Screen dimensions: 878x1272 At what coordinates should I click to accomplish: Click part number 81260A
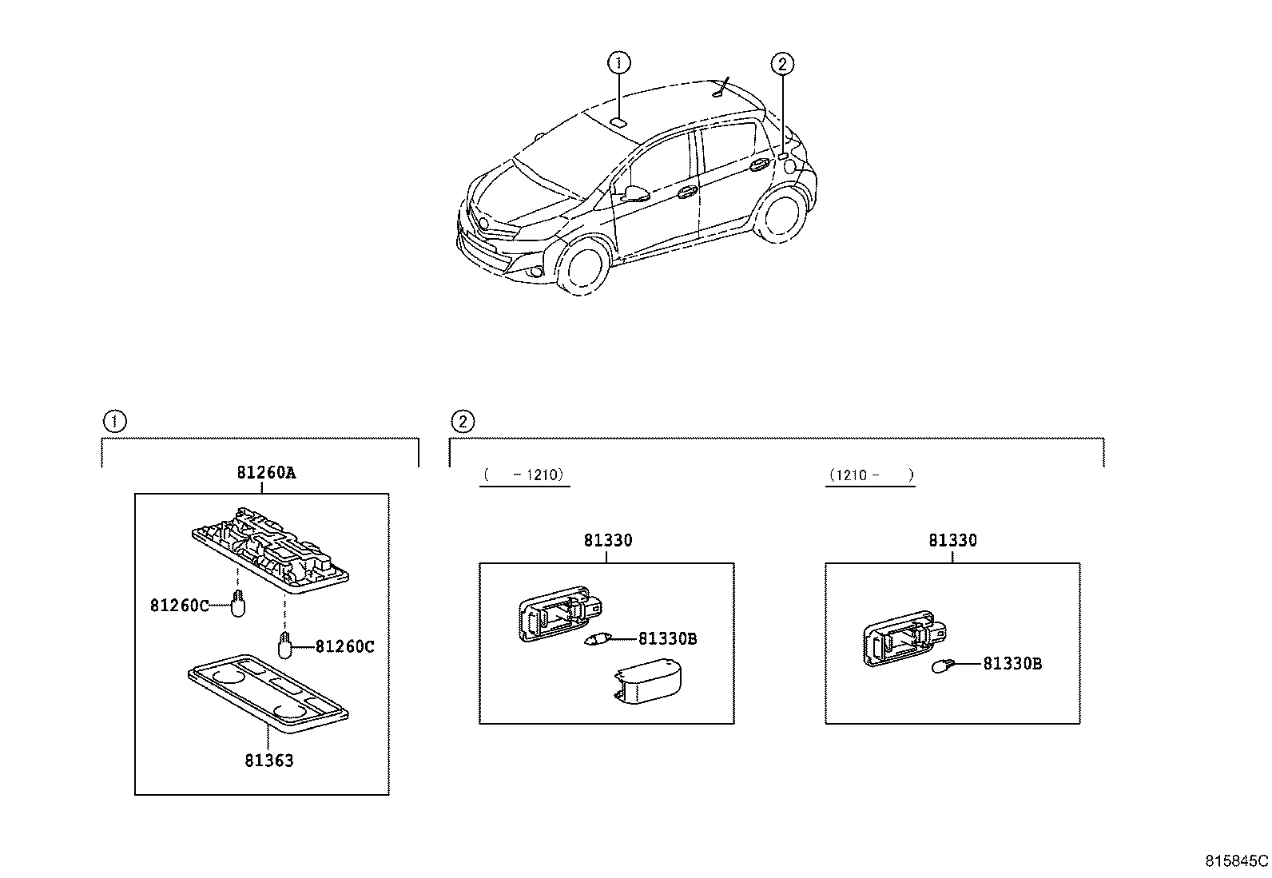click(265, 472)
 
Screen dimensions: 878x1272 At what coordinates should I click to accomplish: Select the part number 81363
click(269, 761)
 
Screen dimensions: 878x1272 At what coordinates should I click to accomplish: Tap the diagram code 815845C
click(1236, 861)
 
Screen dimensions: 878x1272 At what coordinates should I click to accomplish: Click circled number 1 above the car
click(618, 62)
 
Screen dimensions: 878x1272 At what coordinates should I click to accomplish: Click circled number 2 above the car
click(782, 64)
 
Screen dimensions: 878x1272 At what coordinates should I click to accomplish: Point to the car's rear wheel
click(783, 213)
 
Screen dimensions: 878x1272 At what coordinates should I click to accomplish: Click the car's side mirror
click(635, 193)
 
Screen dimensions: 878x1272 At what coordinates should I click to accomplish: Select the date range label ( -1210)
click(524, 475)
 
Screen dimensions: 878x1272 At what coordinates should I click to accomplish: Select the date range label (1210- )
click(870, 475)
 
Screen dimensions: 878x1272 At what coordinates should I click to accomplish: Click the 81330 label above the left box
click(607, 541)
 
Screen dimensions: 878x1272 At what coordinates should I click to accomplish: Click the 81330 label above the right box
click(952, 541)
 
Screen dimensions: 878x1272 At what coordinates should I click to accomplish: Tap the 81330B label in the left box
click(667, 638)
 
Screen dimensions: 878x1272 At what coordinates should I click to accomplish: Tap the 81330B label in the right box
click(1012, 663)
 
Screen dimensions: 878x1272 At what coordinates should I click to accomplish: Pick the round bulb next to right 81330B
click(943, 665)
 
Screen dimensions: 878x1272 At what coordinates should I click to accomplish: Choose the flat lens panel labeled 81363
click(268, 691)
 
